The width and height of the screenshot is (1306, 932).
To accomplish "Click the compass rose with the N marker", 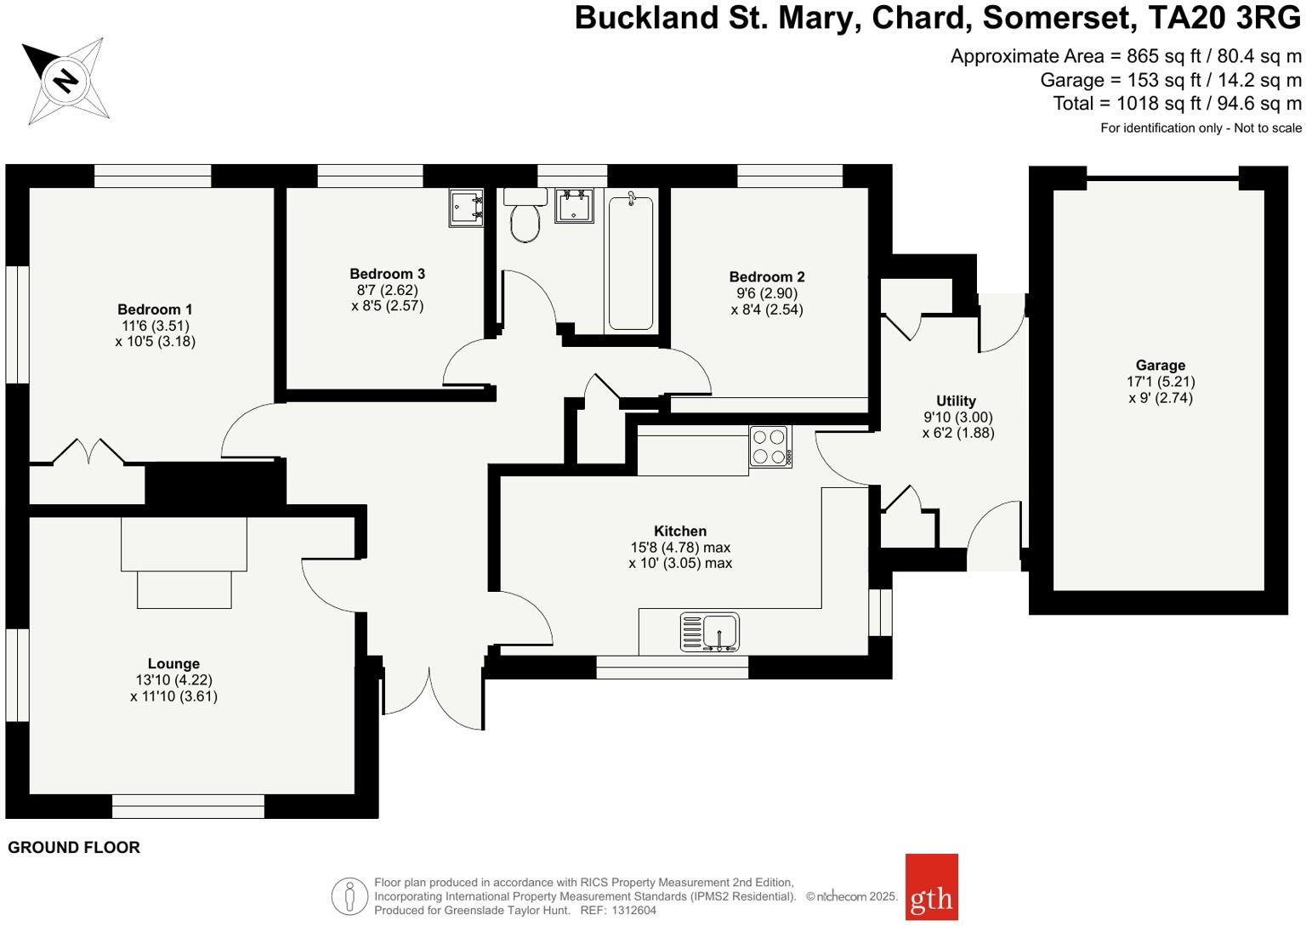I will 65,81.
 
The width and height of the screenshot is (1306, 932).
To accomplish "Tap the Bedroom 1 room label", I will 155,310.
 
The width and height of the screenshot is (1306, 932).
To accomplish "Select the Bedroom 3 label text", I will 387,274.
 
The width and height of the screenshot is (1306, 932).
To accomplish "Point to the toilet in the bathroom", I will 525,219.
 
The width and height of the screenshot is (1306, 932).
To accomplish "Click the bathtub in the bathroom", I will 631,262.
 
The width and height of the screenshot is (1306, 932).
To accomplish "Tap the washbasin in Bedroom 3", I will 467,207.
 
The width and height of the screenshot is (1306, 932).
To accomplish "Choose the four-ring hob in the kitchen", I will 770,447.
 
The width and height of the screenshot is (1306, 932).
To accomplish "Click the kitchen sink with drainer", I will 710,633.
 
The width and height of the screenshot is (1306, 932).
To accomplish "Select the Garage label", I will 1160,366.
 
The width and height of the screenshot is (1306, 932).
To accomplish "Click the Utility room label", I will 956,401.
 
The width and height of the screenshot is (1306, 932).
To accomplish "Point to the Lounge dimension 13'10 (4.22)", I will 173,680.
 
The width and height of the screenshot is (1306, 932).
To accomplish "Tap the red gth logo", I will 931,887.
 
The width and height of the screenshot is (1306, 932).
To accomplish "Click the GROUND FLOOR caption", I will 74,848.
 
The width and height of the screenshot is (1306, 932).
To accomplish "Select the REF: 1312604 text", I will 618,910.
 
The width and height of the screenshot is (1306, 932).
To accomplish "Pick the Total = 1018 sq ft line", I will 1177,104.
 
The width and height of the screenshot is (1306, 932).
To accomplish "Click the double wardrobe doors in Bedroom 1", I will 89,452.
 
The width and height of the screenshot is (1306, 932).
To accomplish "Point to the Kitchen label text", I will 680,531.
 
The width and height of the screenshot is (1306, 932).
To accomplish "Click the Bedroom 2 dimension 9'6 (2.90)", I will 766,293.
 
